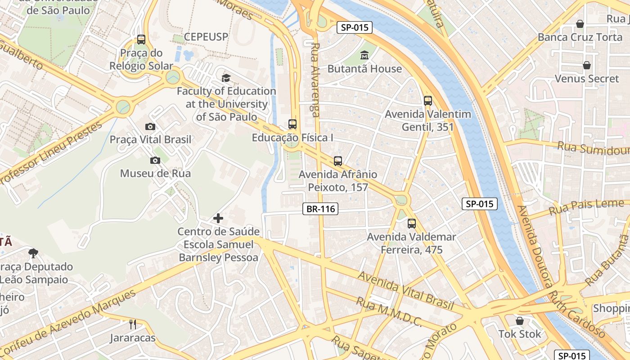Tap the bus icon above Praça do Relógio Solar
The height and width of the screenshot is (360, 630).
[x=141, y=40]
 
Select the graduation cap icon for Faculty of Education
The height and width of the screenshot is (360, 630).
[x=226, y=78]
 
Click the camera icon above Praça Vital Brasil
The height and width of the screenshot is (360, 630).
[x=150, y=126]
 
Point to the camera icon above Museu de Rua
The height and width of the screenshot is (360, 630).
[x=155, y=160]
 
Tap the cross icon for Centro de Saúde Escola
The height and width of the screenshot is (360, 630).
[x=218, y=219]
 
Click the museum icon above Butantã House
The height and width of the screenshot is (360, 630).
[x=364, y=55]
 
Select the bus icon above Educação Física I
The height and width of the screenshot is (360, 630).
[x=292, y=124]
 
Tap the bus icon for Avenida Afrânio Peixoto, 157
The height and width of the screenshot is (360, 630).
[x=338, y=161]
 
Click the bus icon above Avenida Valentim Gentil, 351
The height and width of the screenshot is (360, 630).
[x=428, y=101]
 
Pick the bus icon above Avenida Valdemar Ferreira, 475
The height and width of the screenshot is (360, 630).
[x=412, y=223]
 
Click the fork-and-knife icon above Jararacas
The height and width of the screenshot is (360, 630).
[x=133, y=324]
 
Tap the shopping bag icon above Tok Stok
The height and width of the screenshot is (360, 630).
[x=520, y=321]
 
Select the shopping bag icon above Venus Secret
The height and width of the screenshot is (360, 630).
[x=587, y=66]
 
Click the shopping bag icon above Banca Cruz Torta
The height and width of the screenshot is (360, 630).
[x=580, y=24]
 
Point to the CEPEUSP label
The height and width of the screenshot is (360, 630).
[x=207, y=36]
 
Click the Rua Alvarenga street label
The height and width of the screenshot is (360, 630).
[x=315, y=80]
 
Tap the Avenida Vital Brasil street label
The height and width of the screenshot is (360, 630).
[x=406, y=290]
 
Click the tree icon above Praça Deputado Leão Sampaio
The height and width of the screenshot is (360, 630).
[x=33, y=253]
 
